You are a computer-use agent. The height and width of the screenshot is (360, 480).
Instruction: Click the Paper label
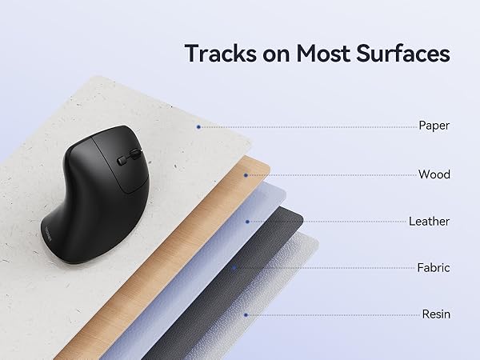click(434, 126)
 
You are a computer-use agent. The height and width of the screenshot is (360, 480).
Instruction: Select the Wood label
click(434, 174)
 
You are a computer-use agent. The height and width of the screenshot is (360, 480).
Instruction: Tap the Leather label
click(429, 221)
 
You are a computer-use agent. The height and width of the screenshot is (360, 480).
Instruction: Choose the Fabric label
click(433, 268)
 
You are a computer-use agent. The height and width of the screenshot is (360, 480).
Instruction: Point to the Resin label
click(435, 314)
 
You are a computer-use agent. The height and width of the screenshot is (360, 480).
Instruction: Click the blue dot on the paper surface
click(198, 126)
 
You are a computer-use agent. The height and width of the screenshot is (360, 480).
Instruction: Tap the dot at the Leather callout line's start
click(247, 221)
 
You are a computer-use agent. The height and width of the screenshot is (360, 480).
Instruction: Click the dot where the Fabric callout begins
click(234, 268)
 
